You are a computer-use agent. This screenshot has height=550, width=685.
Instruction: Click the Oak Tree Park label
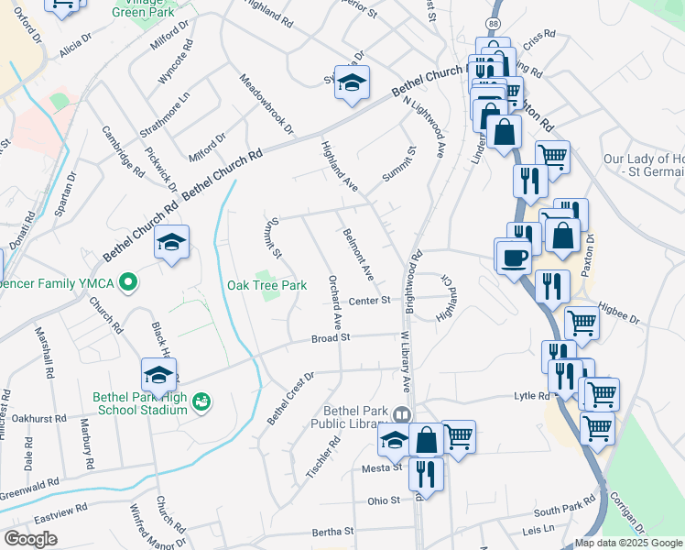266,285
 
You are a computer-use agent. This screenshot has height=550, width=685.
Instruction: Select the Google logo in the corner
30,539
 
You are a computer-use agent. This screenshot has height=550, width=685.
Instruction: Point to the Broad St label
331,337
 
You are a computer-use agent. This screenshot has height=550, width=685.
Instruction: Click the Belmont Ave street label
358,255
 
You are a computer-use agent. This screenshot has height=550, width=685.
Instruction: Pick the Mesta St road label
385,467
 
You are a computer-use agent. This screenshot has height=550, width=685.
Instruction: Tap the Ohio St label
384,500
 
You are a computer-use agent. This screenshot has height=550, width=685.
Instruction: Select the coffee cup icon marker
512,256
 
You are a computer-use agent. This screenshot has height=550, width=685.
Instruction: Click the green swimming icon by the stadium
202,401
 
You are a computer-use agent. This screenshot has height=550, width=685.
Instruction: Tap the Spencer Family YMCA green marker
129,283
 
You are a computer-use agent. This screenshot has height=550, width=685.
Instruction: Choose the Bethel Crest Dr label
290,398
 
